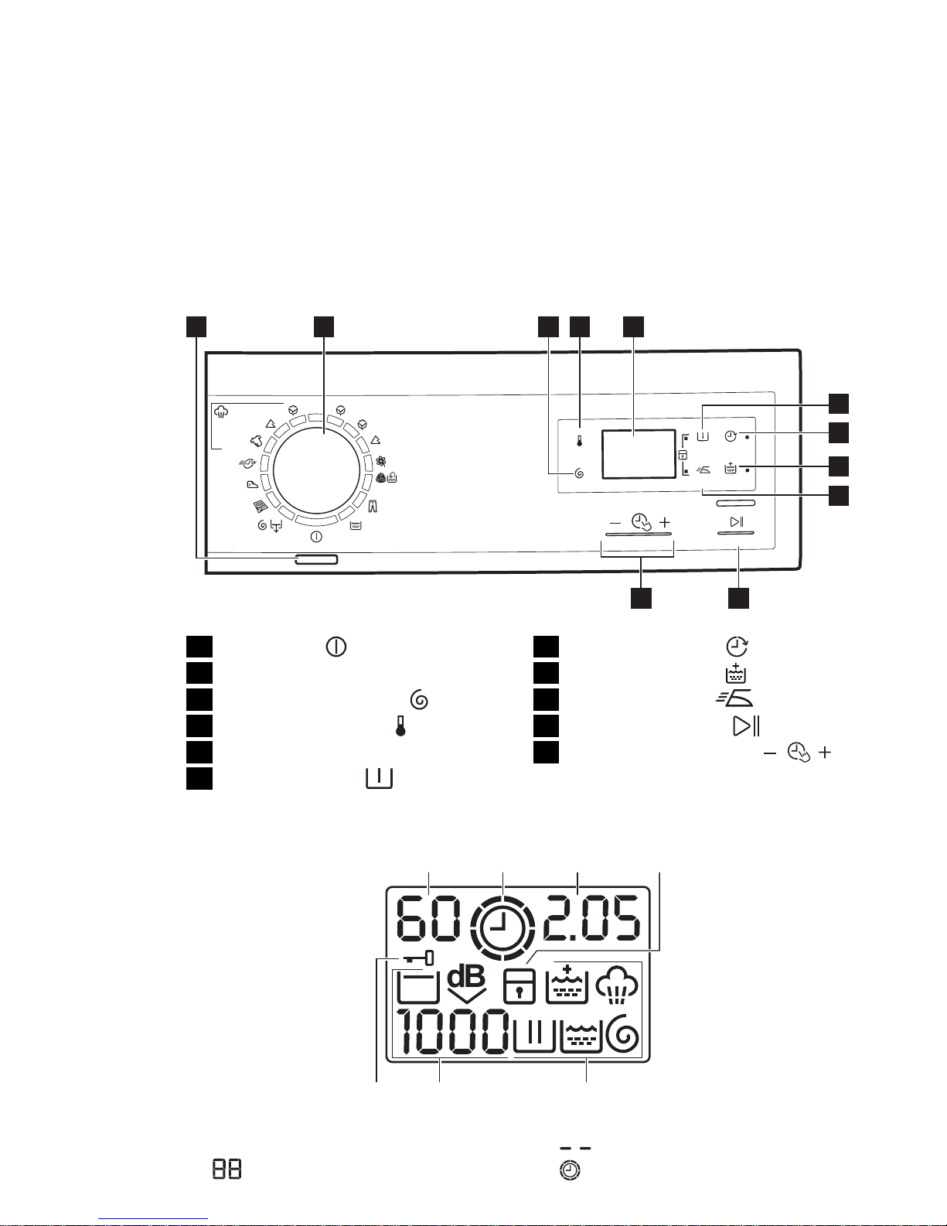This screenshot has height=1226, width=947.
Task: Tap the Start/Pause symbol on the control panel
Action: point(737,522)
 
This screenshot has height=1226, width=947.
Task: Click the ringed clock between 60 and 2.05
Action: point(502,927)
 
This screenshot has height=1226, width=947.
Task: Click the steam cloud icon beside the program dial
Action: point(222,412)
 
